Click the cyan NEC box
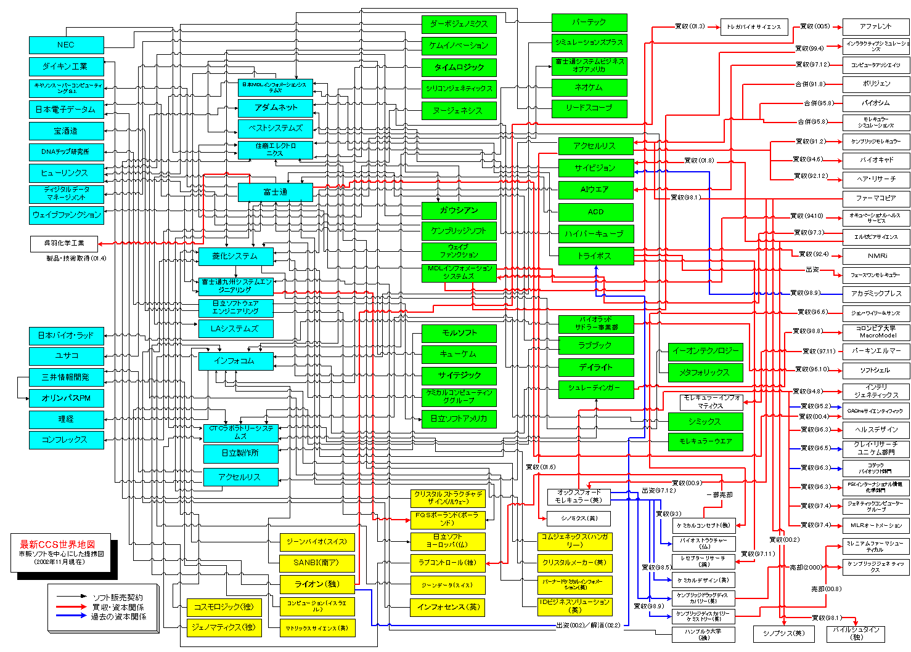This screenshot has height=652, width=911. tap(66, 45)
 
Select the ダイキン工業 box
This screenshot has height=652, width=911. tap(66, 66)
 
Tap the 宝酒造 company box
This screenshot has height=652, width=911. tap(66, 131)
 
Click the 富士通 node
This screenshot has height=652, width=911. tap(275, 192)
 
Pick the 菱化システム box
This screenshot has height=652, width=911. tap(235, 256)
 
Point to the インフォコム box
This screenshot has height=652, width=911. tap(235, 361)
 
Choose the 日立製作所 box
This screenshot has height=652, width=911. tap(240, 453)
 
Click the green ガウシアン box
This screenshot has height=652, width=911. tap(459, 211)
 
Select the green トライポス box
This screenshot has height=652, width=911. tap(595, 256)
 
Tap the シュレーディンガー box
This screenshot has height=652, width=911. tap(595, 388)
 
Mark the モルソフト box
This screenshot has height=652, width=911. tap(459, 333)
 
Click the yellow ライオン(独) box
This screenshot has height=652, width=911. tap(317, 584)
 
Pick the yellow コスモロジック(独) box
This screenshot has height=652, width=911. tap(224, 607)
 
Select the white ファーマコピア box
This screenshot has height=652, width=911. tap(875, 198)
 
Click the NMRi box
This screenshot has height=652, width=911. tap(875, 256)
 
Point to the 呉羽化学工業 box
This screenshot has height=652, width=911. tap(64, 243)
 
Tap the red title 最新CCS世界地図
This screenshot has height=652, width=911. tap(58, 544)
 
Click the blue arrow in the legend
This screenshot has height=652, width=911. tap(71, 616)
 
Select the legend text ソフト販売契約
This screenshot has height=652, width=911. tap(118, 597)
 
